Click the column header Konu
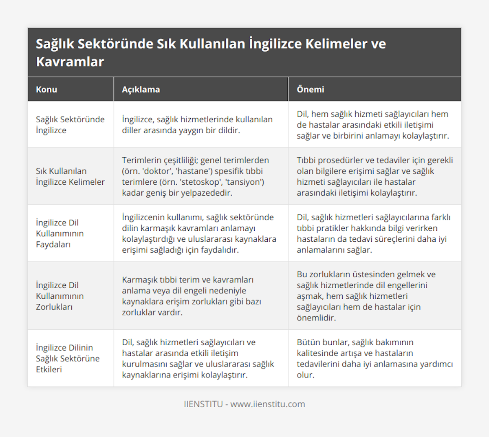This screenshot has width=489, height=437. (x=46, y=89)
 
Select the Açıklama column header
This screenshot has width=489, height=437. (x=141, y=89)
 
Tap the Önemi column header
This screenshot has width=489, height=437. (x=310, y=89)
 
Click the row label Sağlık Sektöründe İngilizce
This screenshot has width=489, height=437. (x=70, y=125)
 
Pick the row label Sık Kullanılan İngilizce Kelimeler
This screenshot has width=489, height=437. (x=70, y=177)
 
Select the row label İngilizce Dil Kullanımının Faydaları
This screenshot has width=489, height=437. (x=59, y=234)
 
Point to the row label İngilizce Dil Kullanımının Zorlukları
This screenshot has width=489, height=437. (x=59, y=296)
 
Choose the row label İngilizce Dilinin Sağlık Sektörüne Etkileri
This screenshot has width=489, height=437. (x=67, y=358)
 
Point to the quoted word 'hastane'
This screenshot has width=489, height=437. (x=194, y=171)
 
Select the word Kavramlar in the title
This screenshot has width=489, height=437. (x=70, y=62)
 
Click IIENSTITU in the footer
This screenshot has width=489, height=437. (x=203, y=404)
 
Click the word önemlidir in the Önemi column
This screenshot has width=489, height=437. (x=316, y=318)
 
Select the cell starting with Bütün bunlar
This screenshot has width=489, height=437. (x=374, y=358)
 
